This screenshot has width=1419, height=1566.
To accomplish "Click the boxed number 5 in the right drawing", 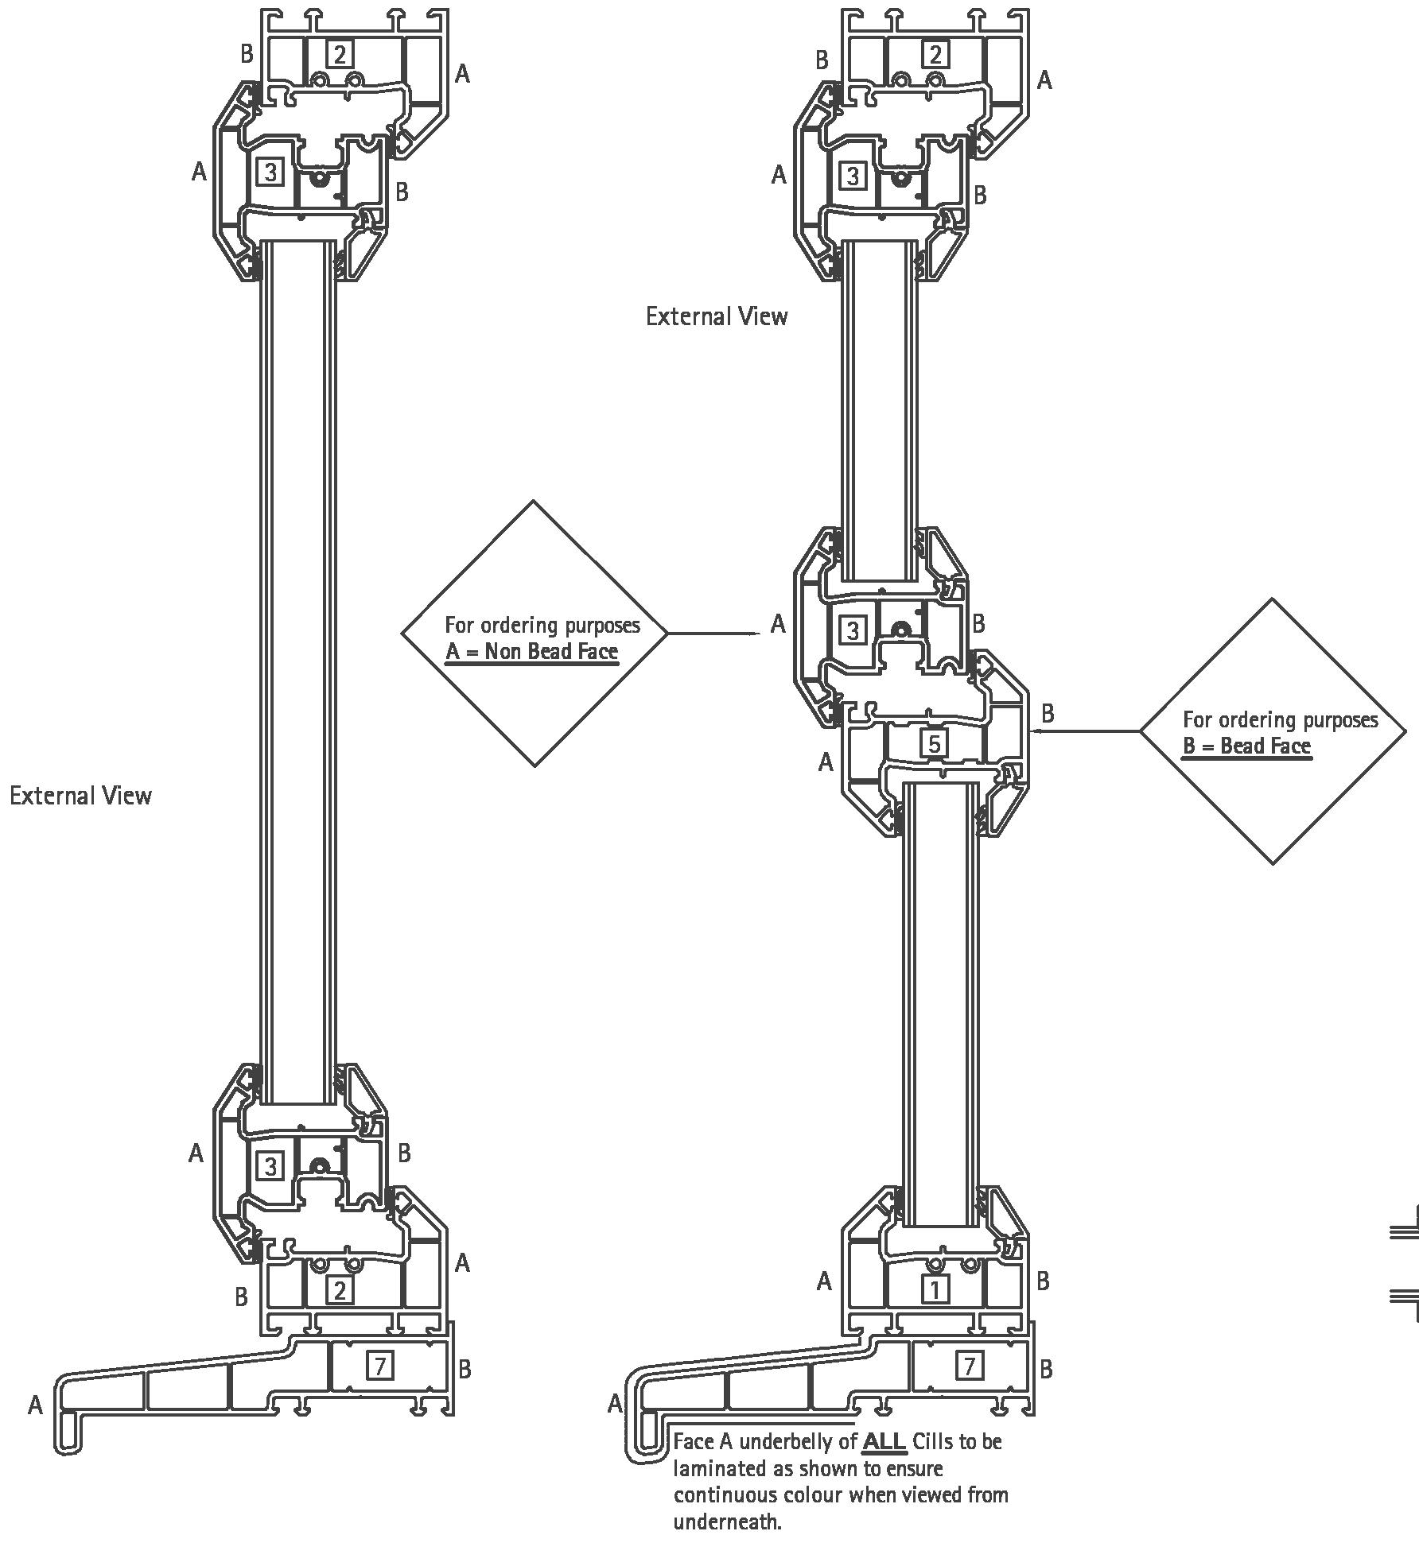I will (x=935, y=743).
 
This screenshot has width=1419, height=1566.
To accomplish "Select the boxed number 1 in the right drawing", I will (x=935, y=1289).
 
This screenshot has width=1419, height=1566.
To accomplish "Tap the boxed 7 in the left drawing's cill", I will (x=380, y=1366).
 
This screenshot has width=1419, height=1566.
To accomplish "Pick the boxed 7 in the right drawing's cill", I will (x=970, y=1366).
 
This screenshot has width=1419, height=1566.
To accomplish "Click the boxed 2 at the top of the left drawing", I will (x=340, y=54).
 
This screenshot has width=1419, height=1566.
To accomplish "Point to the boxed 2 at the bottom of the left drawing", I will (x=340, y=1289).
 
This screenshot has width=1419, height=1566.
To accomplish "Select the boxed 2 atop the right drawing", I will (x=935, y=54).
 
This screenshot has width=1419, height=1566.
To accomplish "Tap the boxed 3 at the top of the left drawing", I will (x=270, y=172).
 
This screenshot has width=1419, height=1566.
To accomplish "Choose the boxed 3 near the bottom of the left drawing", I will (x=270, y=1166).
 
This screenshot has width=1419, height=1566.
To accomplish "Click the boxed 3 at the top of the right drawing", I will (x=853, y=175).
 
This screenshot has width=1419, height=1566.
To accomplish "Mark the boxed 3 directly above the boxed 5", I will (x=853, y=630).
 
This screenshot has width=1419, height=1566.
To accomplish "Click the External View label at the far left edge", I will (x=80, y=796).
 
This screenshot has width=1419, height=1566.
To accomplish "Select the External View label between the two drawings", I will (x=717, y=316).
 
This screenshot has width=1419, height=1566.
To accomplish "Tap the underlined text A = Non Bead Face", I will (x=531, y=652).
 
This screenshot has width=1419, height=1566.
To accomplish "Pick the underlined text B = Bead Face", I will (x=1246, y=746).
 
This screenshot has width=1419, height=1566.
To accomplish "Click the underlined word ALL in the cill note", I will (x=884, y=1441).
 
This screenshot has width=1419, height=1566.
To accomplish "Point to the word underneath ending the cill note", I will (x=727, y=1521).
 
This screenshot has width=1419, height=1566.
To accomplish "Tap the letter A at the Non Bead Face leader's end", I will (x=778, y=624).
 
